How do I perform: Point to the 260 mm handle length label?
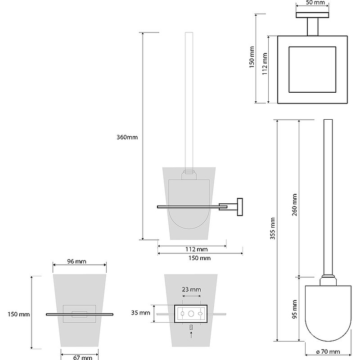pos(294,205)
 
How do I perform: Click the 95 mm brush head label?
pos(294,310)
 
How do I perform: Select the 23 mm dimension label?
pos(191,289)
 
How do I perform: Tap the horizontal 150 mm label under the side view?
pos(200,258)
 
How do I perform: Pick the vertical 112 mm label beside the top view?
pos(265,64)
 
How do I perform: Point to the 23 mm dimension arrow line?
pos(191,296)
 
